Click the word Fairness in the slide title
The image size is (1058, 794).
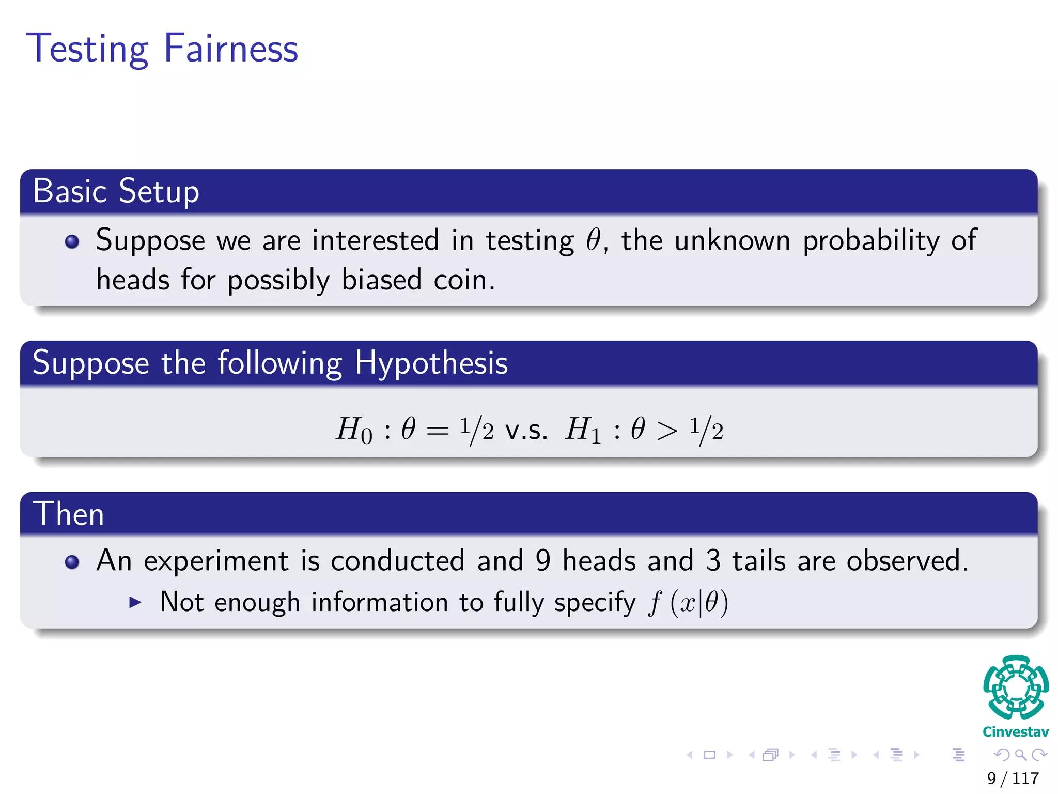point(231,48)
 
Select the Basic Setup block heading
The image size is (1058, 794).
point(116,191)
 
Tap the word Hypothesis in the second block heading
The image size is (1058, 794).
point(431,363)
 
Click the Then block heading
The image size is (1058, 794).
point(69,514)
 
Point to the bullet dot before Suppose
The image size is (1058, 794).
point(72,241)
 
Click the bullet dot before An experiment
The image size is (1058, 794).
point(72,562)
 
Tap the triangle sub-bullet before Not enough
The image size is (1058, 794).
point(135,602)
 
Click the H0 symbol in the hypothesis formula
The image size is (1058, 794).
point(354,430)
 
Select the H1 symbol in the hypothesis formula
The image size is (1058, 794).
point(583,430)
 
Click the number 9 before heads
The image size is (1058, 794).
point(543,560)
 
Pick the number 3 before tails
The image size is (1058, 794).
point(713,560)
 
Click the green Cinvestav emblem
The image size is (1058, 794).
point(1016,687)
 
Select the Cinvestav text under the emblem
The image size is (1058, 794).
point(1016,732)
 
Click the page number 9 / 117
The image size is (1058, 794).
point(1013,778)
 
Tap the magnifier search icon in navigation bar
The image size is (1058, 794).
point(1020,755)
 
